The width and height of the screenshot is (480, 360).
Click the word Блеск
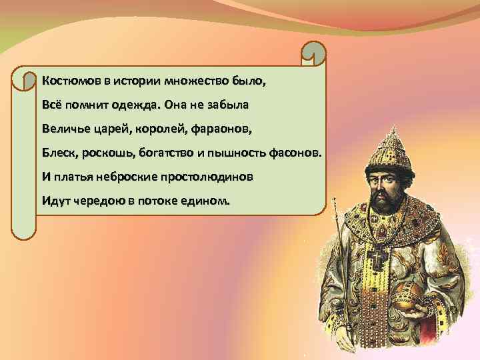click(x=59, y=153)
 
